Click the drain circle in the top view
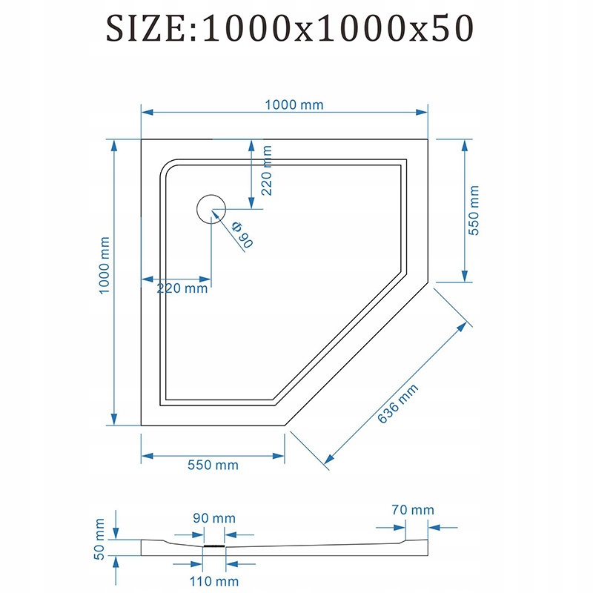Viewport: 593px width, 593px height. coord(211,208)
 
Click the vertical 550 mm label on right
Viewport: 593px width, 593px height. coord(475,210)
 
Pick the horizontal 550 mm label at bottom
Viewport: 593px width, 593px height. coord(213,466)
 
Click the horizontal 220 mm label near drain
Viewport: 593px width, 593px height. coord(182,288)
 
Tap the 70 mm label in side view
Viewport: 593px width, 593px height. coord(413,510)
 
